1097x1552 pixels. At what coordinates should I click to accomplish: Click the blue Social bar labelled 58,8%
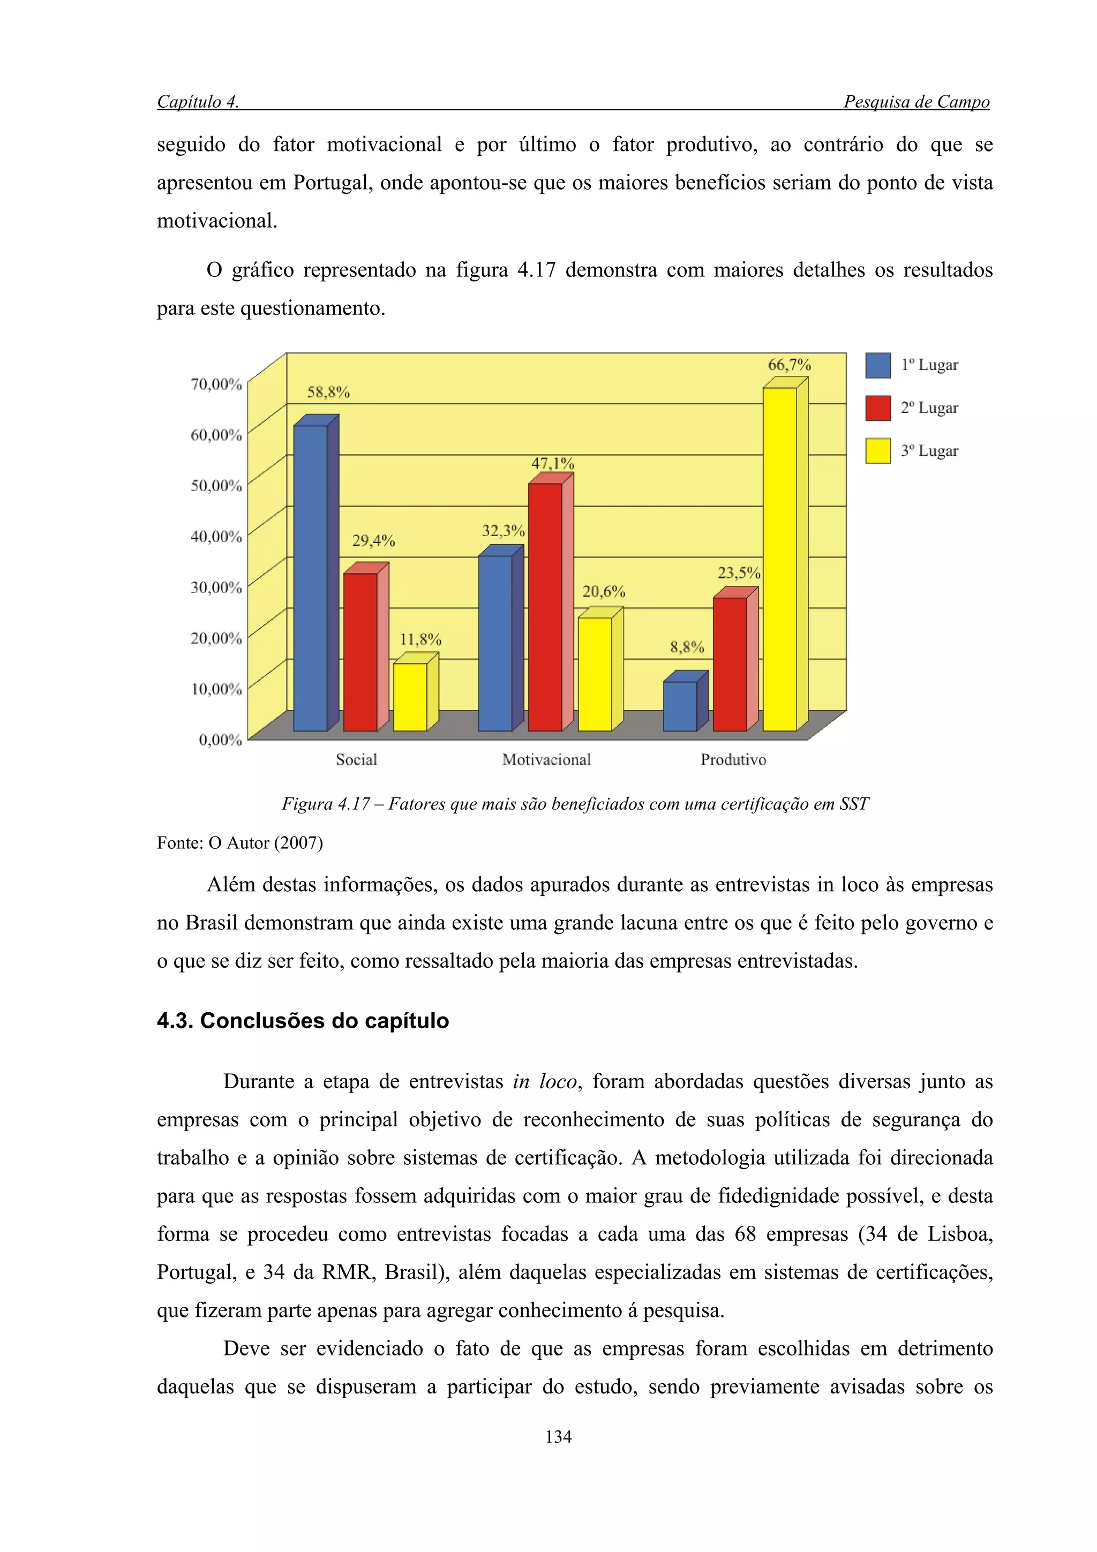click(310, 577)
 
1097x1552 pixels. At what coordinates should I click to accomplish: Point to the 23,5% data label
click(738, 573)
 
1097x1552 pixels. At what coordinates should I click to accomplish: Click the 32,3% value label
click(503, 531)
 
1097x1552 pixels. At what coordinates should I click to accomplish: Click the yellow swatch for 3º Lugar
click(877, 451)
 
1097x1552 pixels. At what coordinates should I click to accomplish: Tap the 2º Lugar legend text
click(929, 408)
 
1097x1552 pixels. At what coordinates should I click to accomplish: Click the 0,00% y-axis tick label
click(220, 740)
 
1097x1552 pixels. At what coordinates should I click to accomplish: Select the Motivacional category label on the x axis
click(546, 760)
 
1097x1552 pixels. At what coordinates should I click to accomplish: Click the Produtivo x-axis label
click(733, 760)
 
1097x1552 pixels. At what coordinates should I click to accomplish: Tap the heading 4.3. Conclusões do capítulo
click(303, 1020)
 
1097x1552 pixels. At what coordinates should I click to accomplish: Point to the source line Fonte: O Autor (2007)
click(240, 843)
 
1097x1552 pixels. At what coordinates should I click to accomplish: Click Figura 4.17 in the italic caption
click(326, 804)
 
